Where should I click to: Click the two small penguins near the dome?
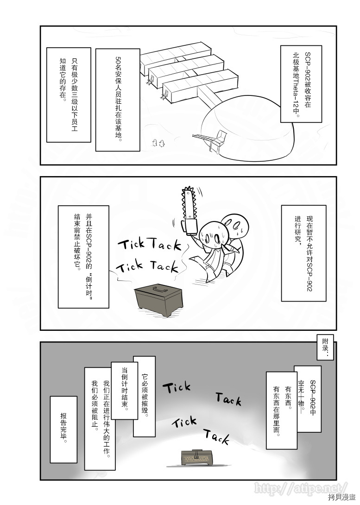tap(158, 143)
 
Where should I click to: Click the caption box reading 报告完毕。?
tap(63, 429)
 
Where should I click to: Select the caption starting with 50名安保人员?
tap(118, 100)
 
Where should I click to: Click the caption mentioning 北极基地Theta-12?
tap(301, 84)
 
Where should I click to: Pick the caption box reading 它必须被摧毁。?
tap(144, 396)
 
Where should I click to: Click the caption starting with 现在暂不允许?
tap(302, 253)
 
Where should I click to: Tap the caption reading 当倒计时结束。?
tap(125, 390)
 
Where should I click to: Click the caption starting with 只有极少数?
tap(69, 95)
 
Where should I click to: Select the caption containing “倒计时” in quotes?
tap(83, 257)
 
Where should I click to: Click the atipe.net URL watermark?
tap(301, 488)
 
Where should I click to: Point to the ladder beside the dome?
tap(203, 138)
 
